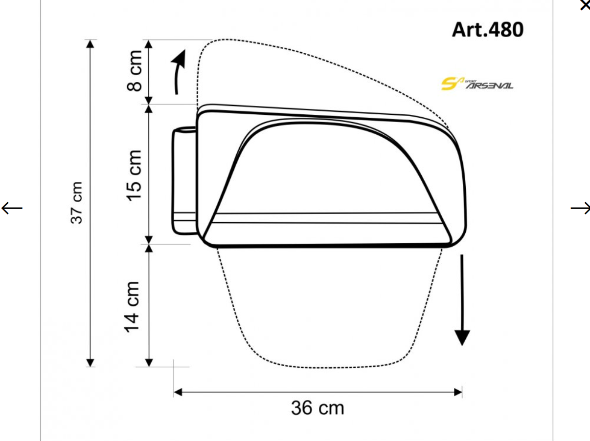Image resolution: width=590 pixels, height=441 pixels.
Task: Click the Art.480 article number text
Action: point(488,29)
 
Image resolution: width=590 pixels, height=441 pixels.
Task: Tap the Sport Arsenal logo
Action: point(477,84)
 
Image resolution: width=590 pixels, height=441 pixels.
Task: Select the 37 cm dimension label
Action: point(76,203)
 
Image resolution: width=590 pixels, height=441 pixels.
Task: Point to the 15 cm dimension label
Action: point(134,176)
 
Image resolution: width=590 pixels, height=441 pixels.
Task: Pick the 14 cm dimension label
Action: point(132,307)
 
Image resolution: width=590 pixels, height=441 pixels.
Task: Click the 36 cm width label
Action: point(318,408)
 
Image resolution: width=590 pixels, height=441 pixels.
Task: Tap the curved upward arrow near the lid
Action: point(179,72)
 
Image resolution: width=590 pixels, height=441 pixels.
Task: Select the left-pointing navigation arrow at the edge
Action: point(12,208)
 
